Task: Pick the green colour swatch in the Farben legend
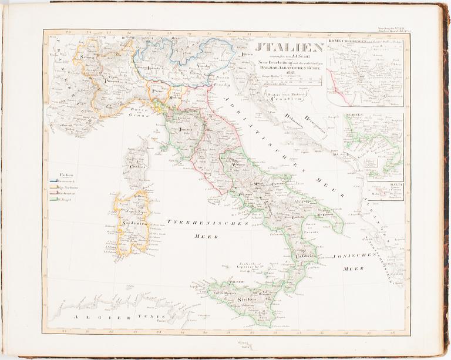coord(53,201)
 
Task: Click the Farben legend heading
coord(58,174)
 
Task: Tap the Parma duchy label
coord(157,92)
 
